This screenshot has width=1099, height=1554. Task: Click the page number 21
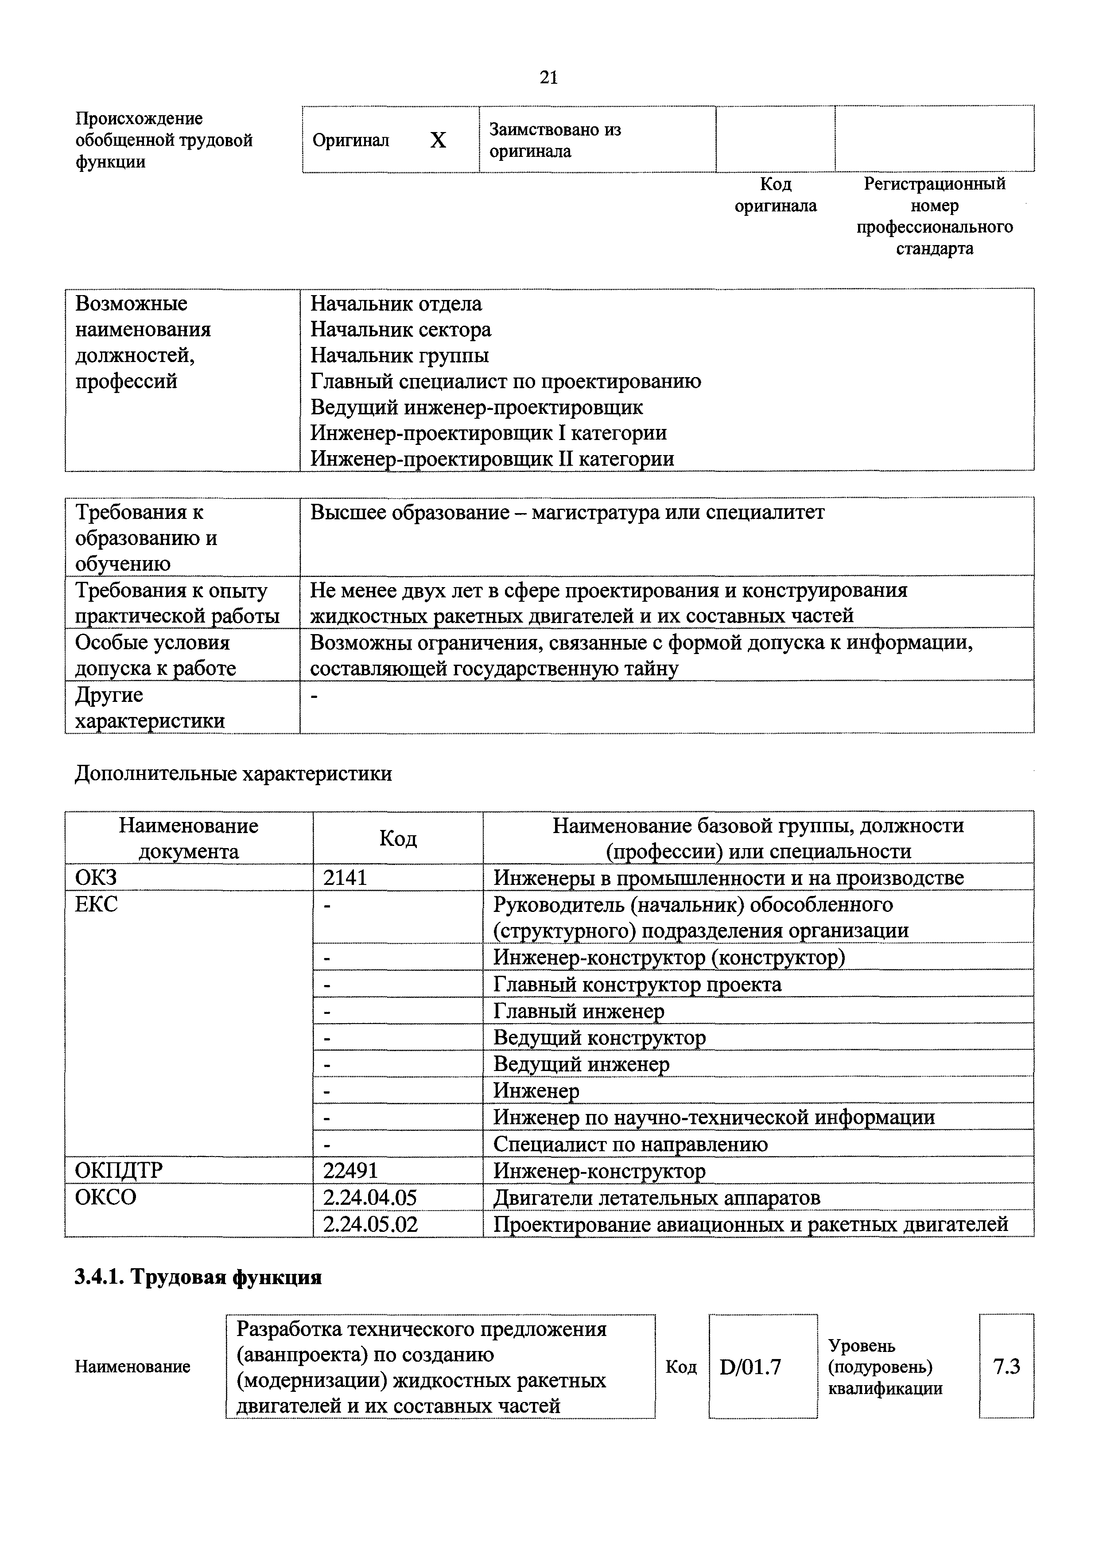(549, 78)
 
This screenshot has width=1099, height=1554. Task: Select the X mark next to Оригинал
(439, 140)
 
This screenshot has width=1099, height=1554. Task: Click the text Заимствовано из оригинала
(555, 140)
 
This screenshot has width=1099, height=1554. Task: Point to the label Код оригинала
(776, 195)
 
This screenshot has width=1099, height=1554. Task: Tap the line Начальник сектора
(400, 330)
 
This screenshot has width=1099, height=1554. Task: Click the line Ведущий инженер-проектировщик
(477, 408)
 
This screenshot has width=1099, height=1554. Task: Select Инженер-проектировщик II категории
(492, 459)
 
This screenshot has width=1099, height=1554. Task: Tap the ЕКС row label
(96, 904)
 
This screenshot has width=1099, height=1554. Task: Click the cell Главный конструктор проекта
(637, 984)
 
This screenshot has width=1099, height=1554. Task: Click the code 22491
(350, 1171)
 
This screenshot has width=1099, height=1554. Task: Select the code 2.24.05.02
(370, 1224)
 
